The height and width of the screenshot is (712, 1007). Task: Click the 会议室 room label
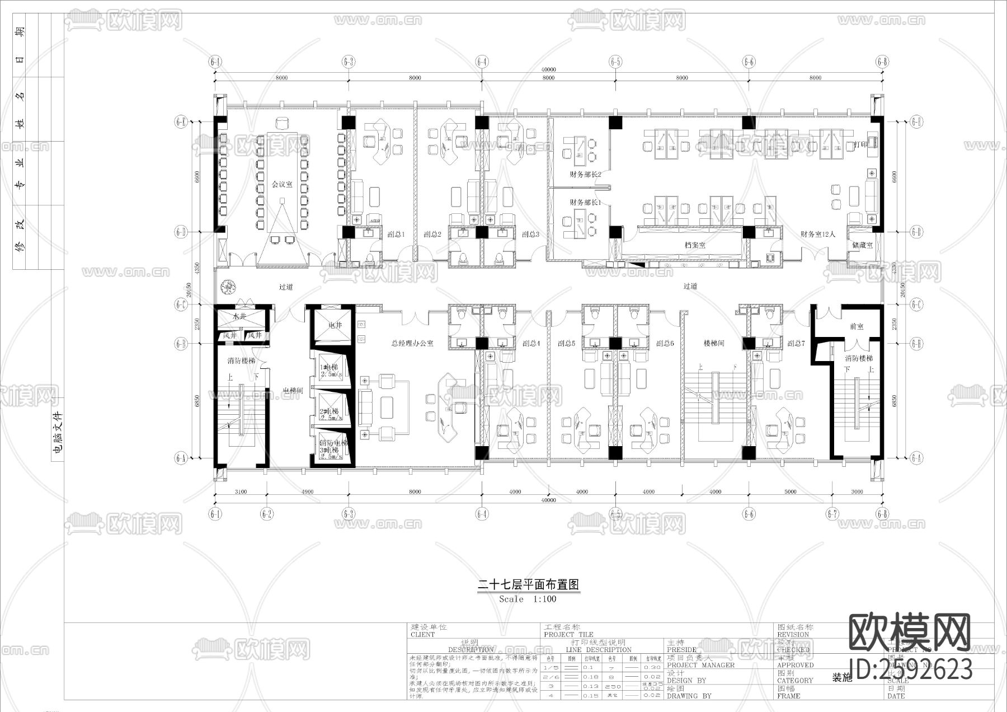pos(282,184)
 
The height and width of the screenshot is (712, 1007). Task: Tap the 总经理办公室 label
pos(412,343)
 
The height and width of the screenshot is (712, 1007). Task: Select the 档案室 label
pos(695,245)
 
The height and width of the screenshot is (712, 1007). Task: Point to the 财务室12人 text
pos(817,235)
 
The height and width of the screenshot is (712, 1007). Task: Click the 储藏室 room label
pos(862,245)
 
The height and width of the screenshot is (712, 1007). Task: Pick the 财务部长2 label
pos(585,174)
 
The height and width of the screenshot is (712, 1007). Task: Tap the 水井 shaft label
pos(239,316)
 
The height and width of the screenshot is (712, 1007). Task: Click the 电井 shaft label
pos(335,325)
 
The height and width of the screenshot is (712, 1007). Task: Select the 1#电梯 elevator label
pos(329,367)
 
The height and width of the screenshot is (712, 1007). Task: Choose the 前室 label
pos(857,326)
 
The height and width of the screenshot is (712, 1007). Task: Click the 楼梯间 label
pos(713,343)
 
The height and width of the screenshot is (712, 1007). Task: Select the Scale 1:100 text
pos(528,599)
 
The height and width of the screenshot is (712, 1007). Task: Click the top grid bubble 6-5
pos(615,61)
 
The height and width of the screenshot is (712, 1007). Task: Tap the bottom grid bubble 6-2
pos(267,513)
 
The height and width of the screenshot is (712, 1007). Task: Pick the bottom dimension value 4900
pos(307,492)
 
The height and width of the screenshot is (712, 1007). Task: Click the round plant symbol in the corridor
pos(228,287)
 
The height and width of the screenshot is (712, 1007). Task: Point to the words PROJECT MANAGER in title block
pos(700,665)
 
